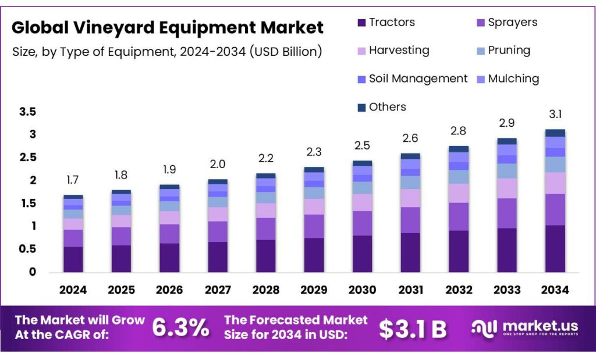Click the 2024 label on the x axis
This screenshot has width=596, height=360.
pos(73,290)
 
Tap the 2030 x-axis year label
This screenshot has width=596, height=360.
pos(362,290)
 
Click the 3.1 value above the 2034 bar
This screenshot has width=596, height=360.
pos(555,115)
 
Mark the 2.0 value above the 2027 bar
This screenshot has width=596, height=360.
pos(218,164)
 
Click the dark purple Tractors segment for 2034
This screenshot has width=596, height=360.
pos(555,248)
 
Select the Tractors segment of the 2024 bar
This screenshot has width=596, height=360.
pos(73,259)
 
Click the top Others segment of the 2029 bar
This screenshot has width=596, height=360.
pos(314,170)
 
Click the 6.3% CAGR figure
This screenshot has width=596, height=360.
pos(180,328)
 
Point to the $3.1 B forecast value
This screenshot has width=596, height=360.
pos(413,329)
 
